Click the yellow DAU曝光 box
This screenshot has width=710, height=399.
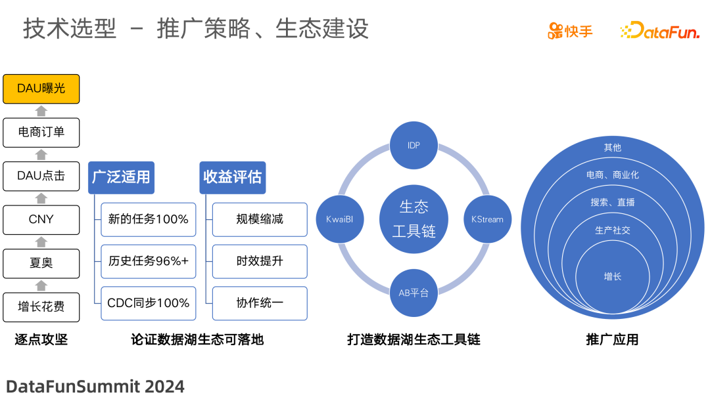41,89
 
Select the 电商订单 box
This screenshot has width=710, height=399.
41,132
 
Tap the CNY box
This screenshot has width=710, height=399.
41,219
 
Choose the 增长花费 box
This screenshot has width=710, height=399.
41,306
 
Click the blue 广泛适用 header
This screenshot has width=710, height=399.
121,177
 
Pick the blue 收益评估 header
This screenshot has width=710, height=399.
232,177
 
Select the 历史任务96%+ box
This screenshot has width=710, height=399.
148,261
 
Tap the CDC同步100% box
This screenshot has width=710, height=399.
148,303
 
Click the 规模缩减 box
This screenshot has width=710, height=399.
260,219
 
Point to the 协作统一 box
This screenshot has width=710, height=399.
260,303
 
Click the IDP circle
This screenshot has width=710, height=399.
414,144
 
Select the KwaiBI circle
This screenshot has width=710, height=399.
340,219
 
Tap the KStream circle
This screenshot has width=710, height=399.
487,219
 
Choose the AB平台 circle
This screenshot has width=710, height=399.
414,293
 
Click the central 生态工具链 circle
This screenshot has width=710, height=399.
414,219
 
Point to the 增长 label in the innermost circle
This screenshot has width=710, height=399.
613,277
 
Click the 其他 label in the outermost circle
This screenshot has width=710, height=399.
613,148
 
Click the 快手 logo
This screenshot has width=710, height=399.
571,31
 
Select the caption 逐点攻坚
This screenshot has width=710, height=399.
41,340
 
